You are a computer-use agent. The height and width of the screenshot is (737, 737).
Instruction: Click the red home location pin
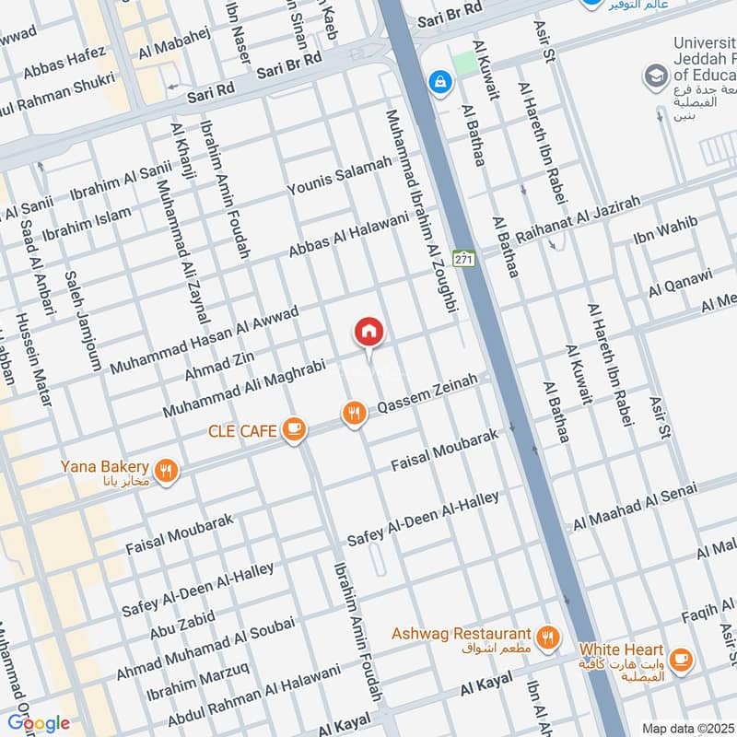point(368,332)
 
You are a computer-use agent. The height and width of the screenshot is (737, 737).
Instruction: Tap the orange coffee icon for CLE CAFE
point(294,428)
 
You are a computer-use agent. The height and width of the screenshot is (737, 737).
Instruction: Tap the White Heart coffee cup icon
point(681,658)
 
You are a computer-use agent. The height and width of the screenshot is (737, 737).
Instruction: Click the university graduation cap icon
point(656,75)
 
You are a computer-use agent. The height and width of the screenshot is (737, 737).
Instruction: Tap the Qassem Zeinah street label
point(428,395)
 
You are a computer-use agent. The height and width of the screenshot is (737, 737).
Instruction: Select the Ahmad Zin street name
point(219,363)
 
